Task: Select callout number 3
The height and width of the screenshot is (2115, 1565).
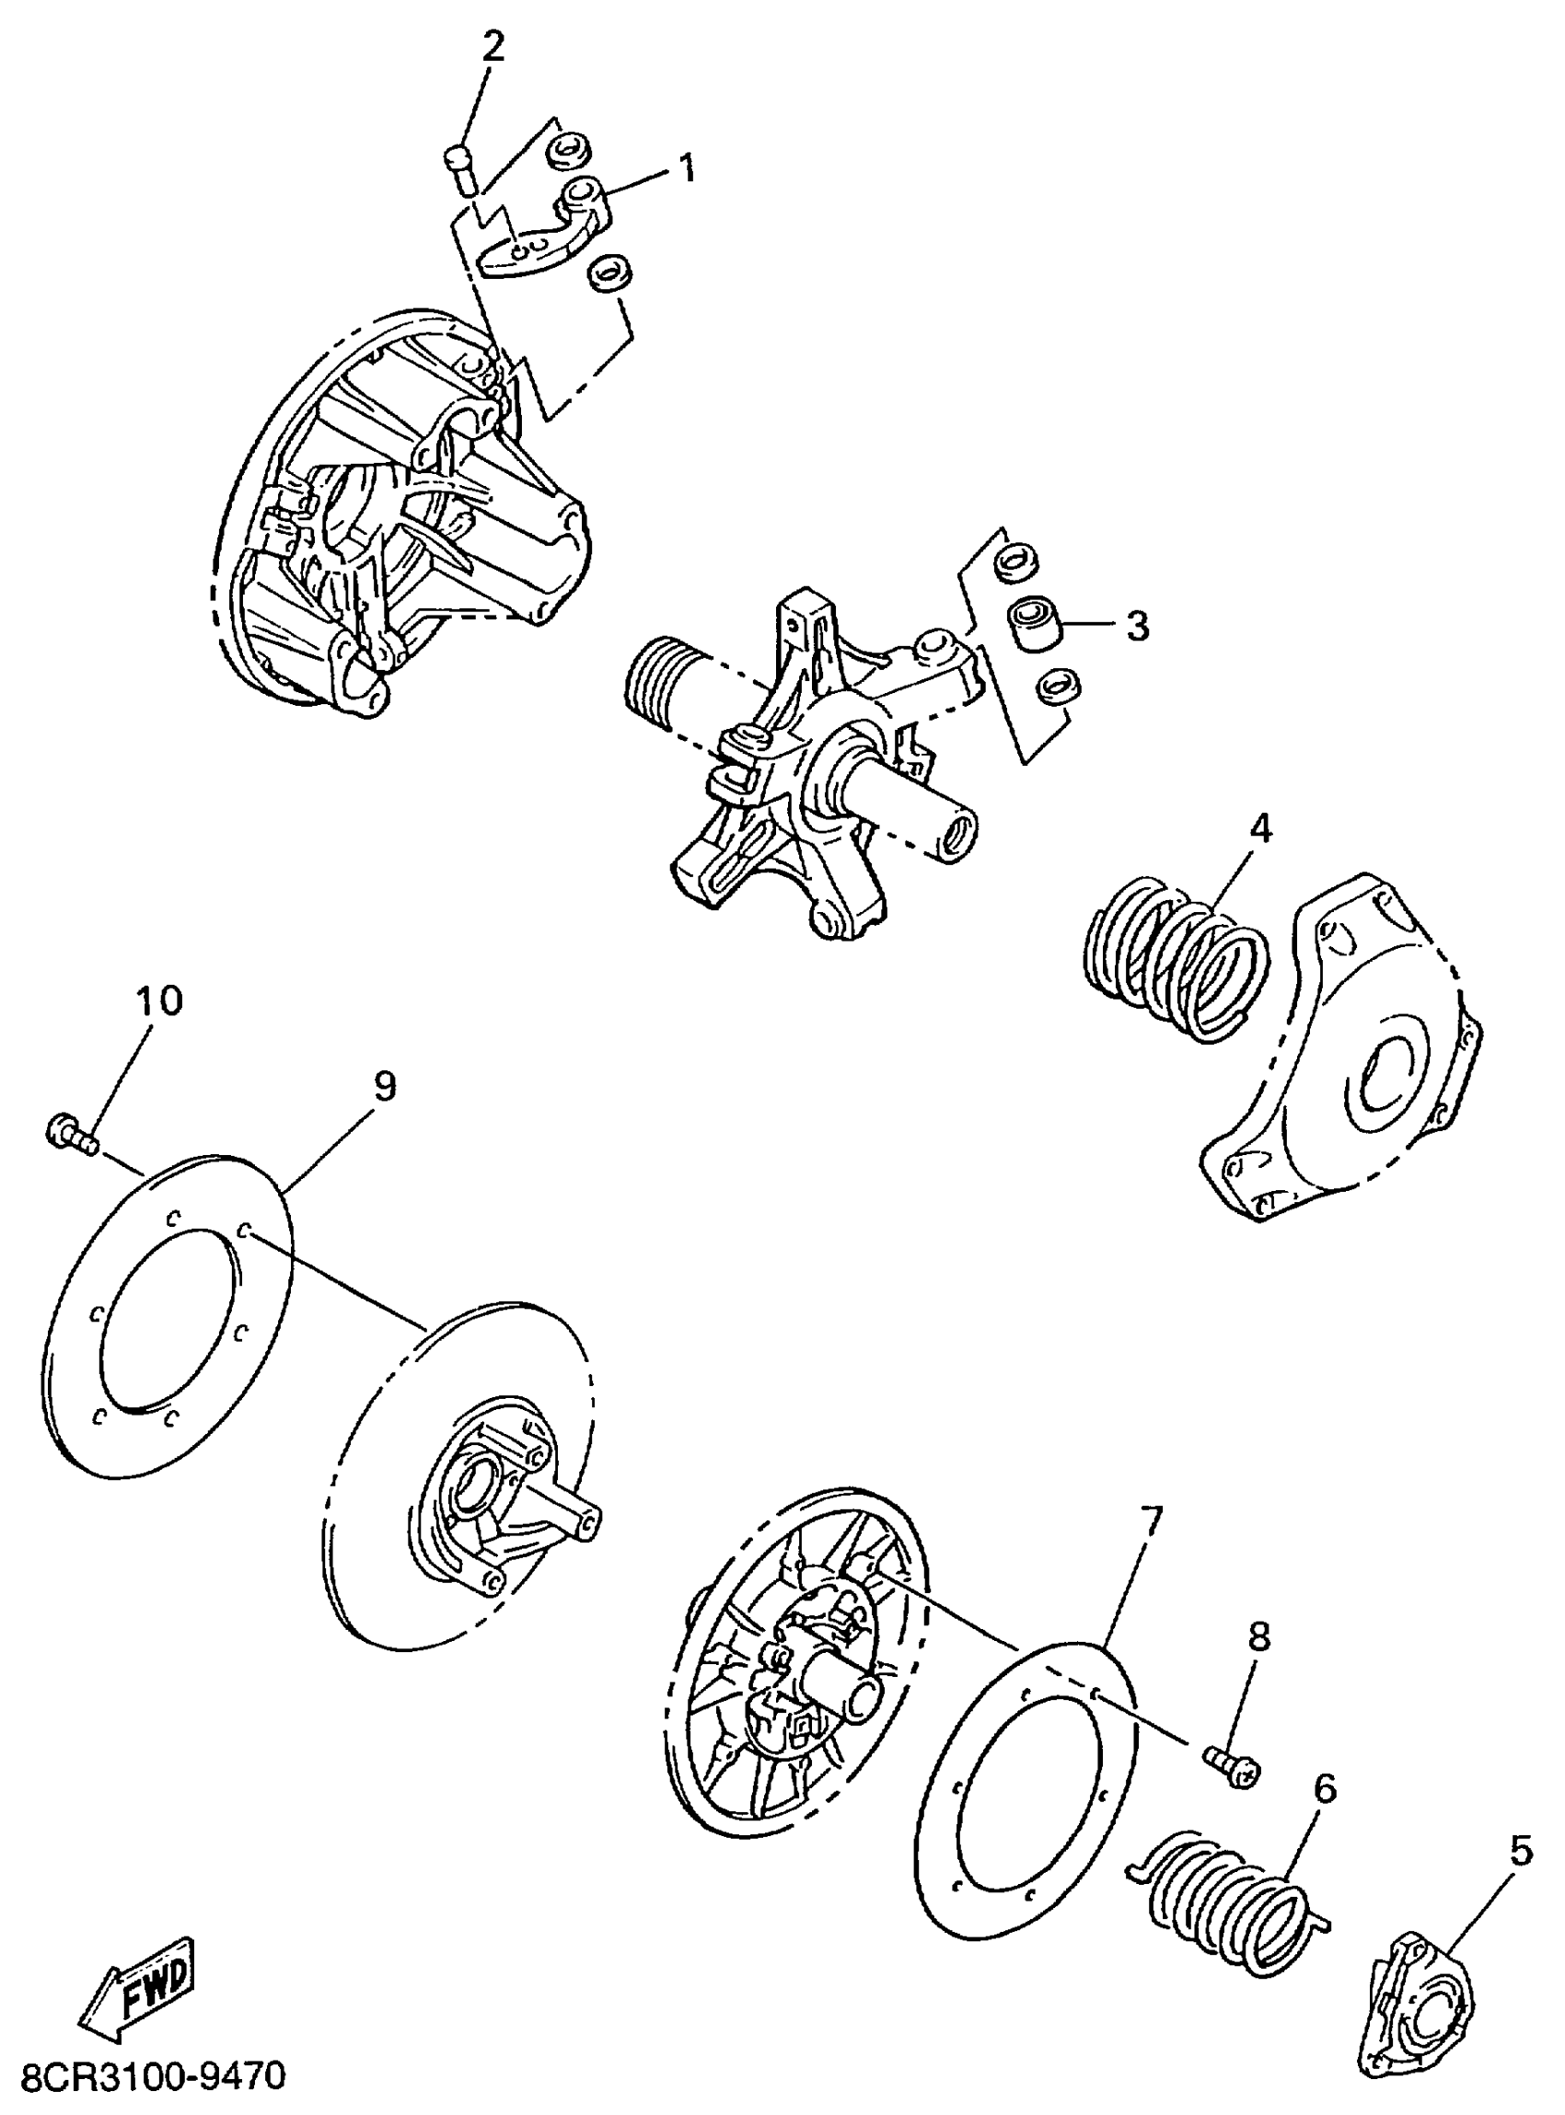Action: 1137,626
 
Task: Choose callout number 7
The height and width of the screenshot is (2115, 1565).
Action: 1150,1520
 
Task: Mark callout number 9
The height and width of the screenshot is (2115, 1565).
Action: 384,1086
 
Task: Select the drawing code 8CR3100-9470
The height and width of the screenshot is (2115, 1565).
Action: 153,2077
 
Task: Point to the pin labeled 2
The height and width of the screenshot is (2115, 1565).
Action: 461,168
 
